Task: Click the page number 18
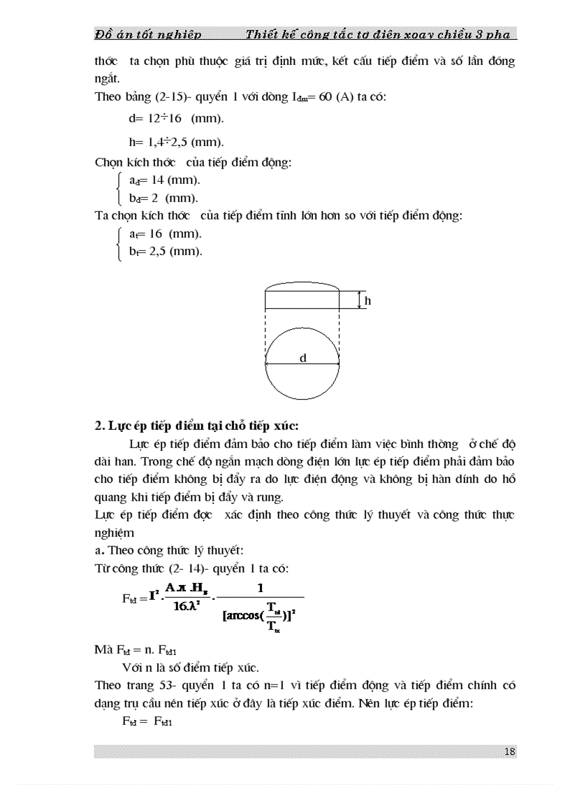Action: click(509, 751)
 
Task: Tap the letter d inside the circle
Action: click(303, 358)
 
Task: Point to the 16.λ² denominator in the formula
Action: click(185, 606)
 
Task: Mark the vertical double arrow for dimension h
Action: click(358, 301)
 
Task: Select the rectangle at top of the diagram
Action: click(302, 300)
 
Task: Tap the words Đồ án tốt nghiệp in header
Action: click(148, 34)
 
